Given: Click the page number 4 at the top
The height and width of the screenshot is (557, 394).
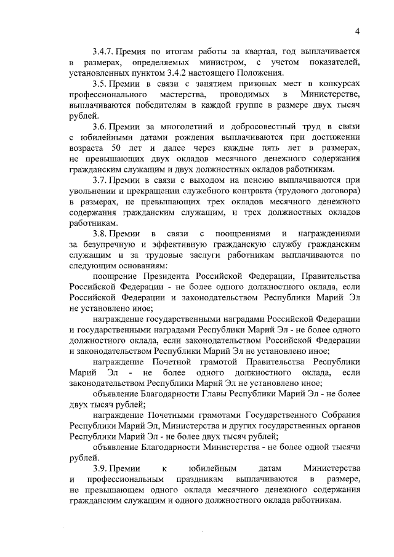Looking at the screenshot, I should pos(357,32).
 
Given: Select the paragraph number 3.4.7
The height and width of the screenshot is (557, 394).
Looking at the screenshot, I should pos(103,52).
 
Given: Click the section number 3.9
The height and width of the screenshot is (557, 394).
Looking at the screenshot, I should pos(100,468).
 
